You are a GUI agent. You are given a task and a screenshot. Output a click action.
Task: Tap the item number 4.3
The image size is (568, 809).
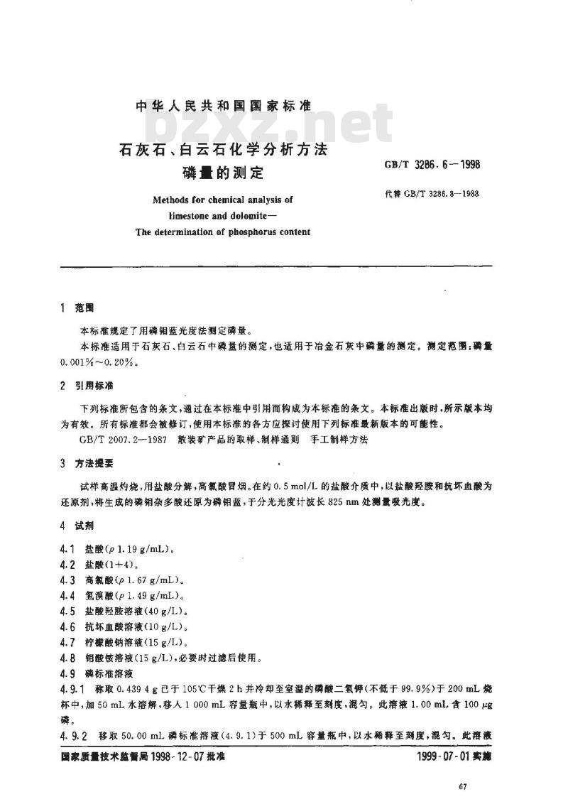pyautogui.click(x=69, y=579)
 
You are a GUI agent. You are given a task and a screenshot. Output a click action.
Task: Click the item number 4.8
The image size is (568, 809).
pyautogui.click(x=69, y=657)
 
